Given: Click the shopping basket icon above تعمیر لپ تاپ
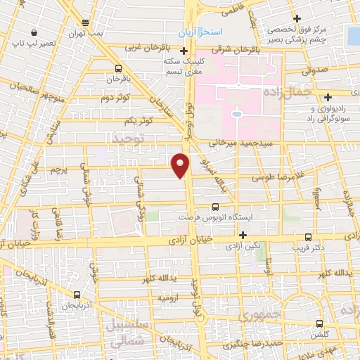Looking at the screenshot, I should [34, 32].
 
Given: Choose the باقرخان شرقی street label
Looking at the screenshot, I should [257, 50].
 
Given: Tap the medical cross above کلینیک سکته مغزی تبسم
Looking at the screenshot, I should [184, 50].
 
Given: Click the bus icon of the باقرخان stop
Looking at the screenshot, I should [117, 69].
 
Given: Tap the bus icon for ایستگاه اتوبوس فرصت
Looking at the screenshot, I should [215, 207].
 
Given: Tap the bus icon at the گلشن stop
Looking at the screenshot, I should [320, 324].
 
